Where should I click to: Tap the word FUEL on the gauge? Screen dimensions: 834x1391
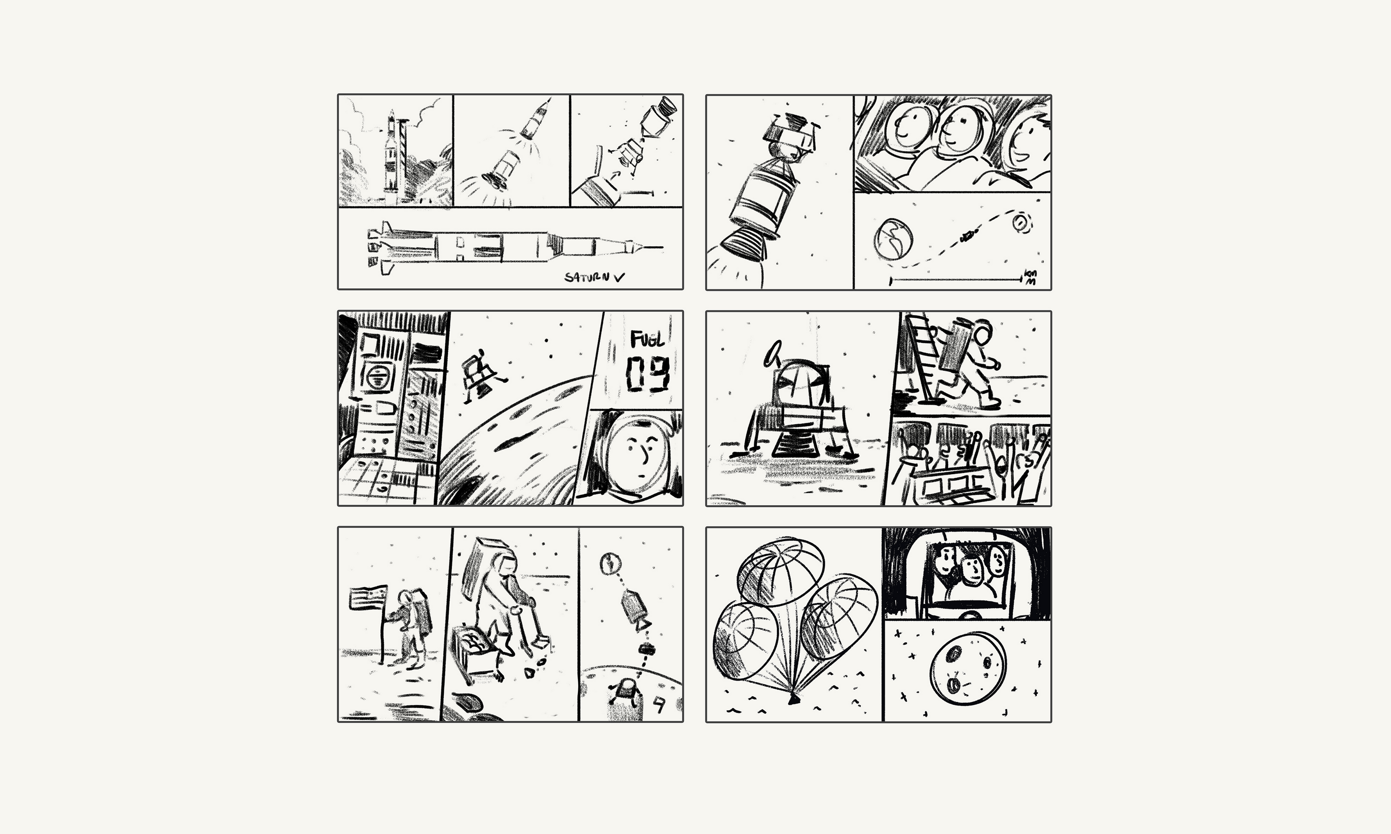pyautogui.click(x=647, y=339)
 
